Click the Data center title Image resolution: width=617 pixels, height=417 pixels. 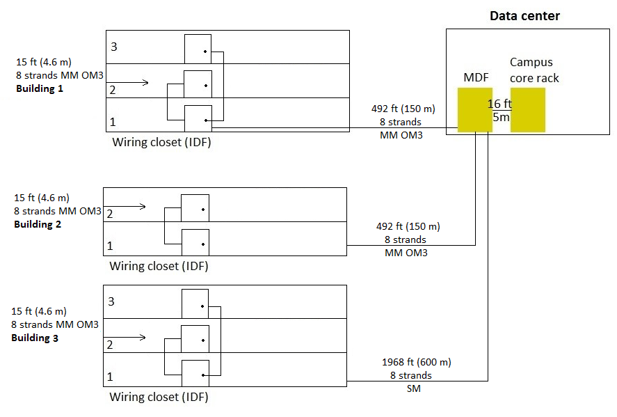tap(524, 16)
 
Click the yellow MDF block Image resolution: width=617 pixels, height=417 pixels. tap(475, 110)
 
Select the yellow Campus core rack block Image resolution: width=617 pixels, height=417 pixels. tap(528, 110)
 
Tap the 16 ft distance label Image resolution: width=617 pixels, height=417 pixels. tap(499, 104)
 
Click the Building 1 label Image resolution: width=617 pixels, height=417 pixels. tap(40, 88)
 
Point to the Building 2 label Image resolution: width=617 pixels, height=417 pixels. tap(38, 224)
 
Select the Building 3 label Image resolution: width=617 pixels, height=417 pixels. tap(35, 338)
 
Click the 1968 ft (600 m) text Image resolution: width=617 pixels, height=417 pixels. tap(416, 362)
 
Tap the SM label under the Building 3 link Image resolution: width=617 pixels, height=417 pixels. tap(414, 388)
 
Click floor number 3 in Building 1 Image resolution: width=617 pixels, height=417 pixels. tap(114, 47)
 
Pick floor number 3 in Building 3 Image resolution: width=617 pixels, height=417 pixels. tap(111, 301)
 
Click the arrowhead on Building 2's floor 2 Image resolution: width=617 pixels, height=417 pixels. tap(143, 206)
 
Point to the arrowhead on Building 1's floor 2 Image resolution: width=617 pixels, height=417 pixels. tap(146, 82)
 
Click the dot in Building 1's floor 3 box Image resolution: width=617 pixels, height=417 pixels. tap(205, 52)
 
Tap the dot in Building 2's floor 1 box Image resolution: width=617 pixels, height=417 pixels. tap(203, 244)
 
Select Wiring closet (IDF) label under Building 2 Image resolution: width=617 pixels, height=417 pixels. tap(159, 266)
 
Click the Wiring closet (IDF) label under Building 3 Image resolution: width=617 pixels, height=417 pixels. tap(159, 397)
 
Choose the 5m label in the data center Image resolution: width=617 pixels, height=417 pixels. tap(501, 117)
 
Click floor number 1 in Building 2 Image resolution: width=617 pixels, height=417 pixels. tap(110, 246)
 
